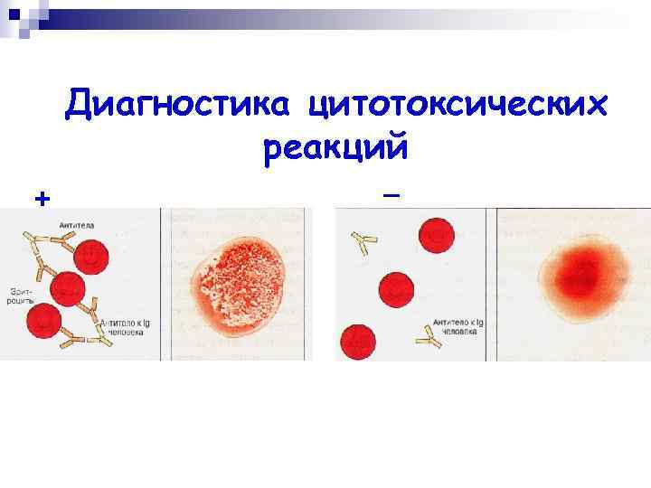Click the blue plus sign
coord(40,198)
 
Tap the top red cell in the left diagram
coord(92,257)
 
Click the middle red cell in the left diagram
coord(69,289)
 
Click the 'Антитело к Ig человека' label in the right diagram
coord(460,324)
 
